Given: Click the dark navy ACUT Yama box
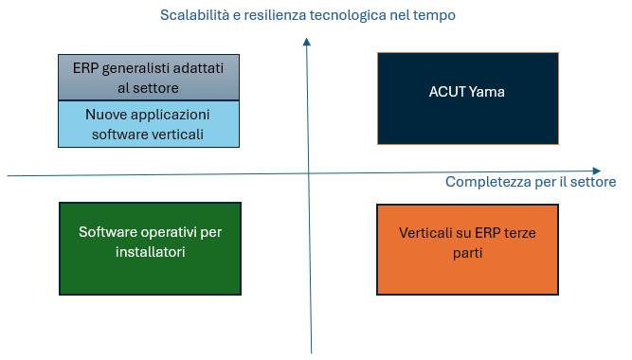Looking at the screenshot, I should pyautogui.click(x=467, y=98).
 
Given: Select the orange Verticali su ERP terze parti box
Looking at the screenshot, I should pyautogui.click(x=467, y=248).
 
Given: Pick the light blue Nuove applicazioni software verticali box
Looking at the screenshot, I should pyautogui.click(x=148, y=124).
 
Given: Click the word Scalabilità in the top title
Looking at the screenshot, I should pyautogui.click(x=197, y=16).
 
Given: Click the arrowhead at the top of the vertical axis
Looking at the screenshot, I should pyautogui.click(x=307, y=42).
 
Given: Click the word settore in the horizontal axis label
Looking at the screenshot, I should pyautogui.click(x=592, y=182).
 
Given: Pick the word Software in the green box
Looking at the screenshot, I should pyautogui.click(x=108, y=233).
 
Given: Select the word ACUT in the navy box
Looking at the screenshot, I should pyautogui.click(x=445, y=92).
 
